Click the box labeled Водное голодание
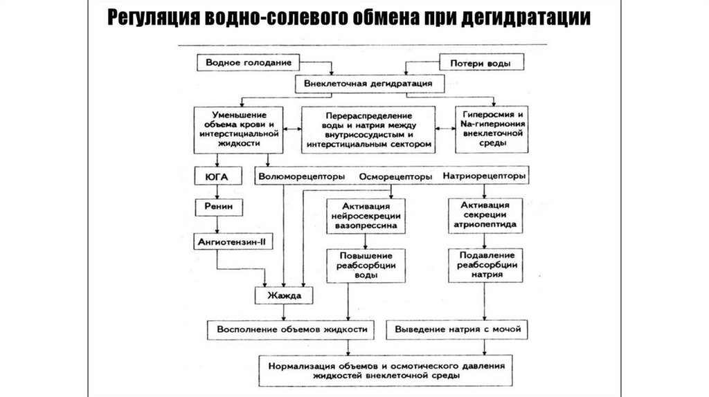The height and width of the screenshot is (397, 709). click(243, 62)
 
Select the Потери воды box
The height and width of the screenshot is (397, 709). click(477, 63)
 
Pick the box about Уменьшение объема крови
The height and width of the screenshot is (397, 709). click(237, 129)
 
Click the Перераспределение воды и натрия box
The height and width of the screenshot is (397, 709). click(367, 129)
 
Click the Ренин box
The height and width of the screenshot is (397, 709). click(217, 207)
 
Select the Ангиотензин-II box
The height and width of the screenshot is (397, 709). click(228, 240)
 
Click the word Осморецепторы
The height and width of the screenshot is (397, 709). click(395, 176)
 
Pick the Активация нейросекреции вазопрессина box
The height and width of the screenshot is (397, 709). click(366, 216)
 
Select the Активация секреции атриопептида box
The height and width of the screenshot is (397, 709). click(484, 215)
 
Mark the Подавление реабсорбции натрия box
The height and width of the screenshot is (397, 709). click(484, 264)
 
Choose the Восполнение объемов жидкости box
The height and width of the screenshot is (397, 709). click(291, 329)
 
